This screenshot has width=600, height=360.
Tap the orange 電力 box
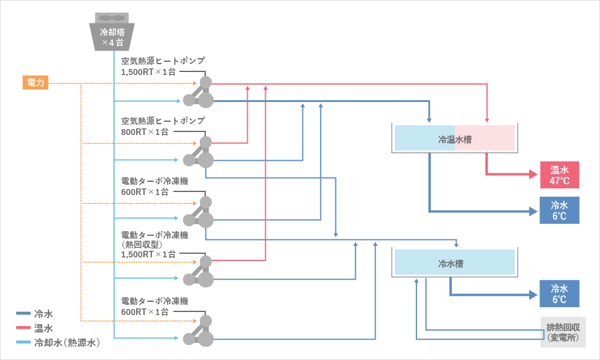(35, 83)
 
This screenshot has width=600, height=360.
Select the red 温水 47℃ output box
(560, 175)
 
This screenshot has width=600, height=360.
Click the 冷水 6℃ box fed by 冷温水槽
(560, 211)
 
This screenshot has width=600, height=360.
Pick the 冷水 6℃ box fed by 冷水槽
(560, 294)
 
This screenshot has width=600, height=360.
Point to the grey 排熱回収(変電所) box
(562, 332)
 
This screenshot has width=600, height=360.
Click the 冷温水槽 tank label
(454, 139)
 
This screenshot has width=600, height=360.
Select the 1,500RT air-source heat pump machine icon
(200, 92)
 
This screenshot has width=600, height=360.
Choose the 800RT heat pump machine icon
(200, 152)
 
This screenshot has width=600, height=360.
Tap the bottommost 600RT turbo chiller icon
(200, 331)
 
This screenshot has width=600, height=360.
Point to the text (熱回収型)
(142, 244)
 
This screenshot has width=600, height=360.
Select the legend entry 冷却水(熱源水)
(67, 343)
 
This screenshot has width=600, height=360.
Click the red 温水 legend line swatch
(23, 328)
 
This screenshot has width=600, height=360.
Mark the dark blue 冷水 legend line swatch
(23, 313)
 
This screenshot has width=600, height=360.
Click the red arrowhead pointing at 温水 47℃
(533, 175)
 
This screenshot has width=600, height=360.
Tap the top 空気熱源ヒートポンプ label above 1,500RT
(163, 61)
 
